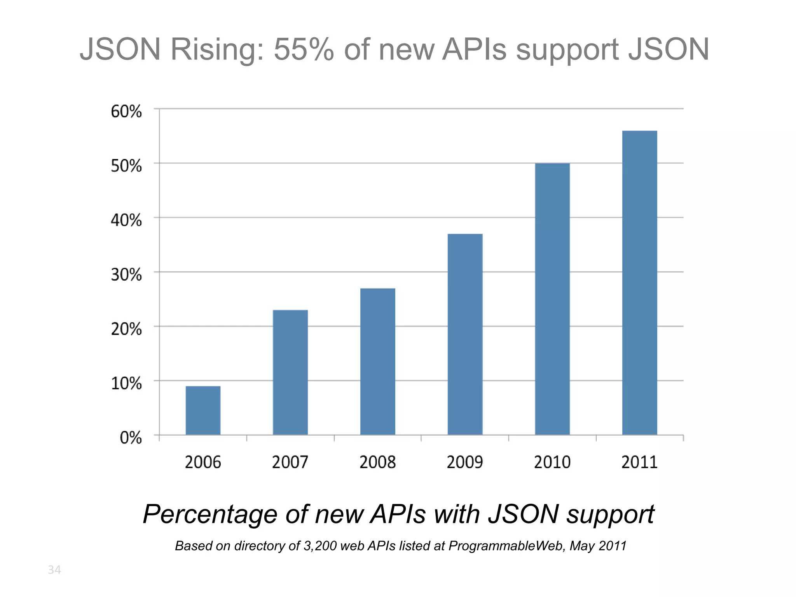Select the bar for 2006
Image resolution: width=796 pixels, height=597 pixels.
(203, 410)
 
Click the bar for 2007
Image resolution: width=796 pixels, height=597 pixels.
(290, 372)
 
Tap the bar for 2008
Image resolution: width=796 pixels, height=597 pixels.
(377, 361)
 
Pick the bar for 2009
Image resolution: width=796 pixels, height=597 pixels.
(465, 334)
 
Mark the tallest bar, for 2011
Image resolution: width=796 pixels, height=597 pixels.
(639, 283)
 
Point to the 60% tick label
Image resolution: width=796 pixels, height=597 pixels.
(126, 112)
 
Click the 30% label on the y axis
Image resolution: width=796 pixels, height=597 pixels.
(126, 275)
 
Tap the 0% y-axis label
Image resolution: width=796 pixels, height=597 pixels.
(131, 438)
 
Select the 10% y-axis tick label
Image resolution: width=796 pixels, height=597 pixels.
(126, 383)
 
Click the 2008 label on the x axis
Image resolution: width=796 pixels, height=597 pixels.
(377, 462)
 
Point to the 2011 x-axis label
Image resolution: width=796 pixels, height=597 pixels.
(639, 462)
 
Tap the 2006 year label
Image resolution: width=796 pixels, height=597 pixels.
(203, 462)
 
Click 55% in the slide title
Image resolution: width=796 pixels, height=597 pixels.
(304, 50)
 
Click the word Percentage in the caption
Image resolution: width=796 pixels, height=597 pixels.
(210, 515)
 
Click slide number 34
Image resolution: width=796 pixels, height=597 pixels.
(54, 570)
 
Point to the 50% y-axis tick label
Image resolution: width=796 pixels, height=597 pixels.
(126, 166)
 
